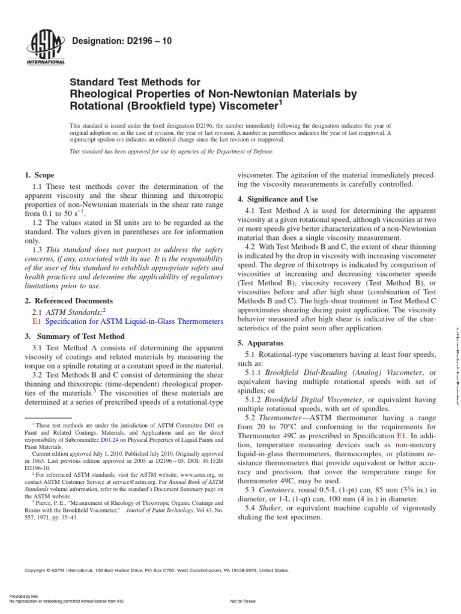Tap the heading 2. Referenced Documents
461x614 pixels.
pos(68,300)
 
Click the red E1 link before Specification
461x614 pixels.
pos(35,321)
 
